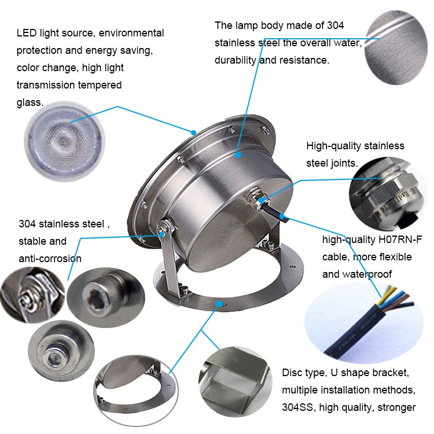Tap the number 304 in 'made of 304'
click(x=335, y=25)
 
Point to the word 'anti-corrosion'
click(x=50, y=259)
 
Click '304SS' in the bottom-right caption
click(x=297, y=407)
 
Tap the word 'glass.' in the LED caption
click(x=30, y=102)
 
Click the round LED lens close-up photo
click(x=65, y=141)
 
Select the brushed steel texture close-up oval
click(x=396, y=47)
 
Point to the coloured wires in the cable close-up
click(x=397, y=297)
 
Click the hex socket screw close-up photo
click(x=106, y=297)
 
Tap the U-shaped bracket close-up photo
click(x=236, y=382)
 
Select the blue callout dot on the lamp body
click(x=238, y=155)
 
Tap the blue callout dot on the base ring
click(x=219, y=304)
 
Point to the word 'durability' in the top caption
click(x=236, y=60)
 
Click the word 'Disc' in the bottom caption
click(x=290, y=373)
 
